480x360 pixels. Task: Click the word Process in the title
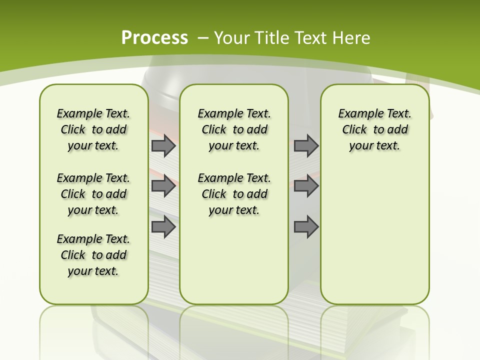[x=154, y=37]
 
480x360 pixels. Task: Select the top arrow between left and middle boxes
[x=163, y=146]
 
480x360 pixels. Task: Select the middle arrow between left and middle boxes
[x=163, y=186]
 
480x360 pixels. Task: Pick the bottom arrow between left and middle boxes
[x=163, y=227]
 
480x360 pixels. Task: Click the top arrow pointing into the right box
[x=306, y=146]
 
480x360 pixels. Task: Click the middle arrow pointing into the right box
[x=306, y=186]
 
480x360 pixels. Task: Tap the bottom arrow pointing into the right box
[x=306, y=227]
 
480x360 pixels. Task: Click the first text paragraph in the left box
[x=93, y=129]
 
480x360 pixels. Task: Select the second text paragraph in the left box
[x=93, y=194]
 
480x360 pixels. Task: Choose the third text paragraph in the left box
[x=93, y=255]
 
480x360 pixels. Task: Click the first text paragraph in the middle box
[x=234, y=129]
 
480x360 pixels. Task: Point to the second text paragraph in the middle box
[x=234, y=194]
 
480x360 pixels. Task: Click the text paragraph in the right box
[x=374, y=129]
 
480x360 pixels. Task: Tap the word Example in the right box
[x=356, y=114]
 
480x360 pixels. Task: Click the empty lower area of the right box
[x=374, y=240]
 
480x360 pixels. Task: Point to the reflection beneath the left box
[x=93, y=325]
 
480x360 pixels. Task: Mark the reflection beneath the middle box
[x=234, y=325]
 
